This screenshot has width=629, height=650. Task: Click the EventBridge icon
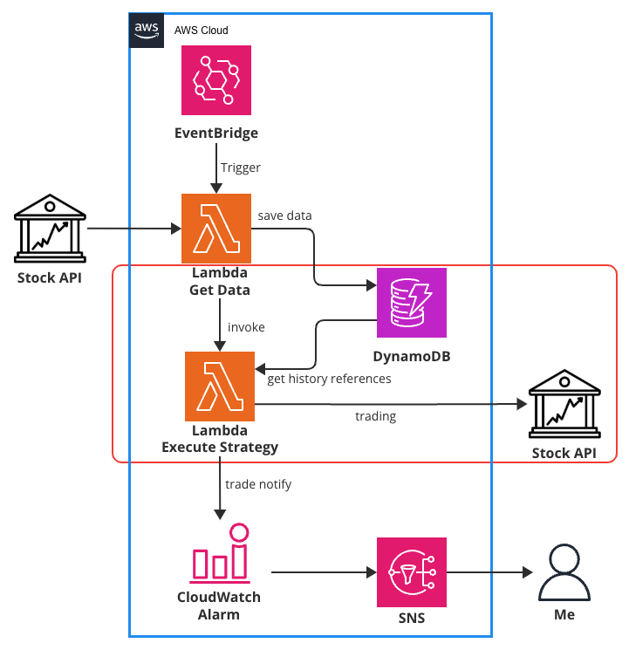[216, 81]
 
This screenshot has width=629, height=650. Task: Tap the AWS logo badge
[147, 30]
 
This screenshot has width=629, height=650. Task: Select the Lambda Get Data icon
[216, 229]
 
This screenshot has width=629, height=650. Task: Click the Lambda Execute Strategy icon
[220, 386]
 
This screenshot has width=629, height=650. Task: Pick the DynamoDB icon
[412, 302]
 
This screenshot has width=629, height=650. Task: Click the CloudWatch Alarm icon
[219, 555]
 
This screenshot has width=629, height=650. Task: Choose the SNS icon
[412, 572]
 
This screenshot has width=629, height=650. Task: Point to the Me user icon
[564, 572]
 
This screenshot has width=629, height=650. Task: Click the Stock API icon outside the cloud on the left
[51, 229]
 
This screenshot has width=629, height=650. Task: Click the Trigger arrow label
[241, 168]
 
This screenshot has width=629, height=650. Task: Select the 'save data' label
[284, 216]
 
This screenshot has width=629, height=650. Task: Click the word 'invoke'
[246, 327]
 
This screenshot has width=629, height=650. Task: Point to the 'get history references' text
[329, 379]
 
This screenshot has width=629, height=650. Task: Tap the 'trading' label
[376, 416]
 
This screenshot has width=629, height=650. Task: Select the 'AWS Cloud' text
[202, 31]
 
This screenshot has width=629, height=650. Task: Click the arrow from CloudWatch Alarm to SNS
[323, 573]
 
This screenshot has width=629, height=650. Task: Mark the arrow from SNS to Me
[489, 573]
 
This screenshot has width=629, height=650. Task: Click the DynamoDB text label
[412, 358]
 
